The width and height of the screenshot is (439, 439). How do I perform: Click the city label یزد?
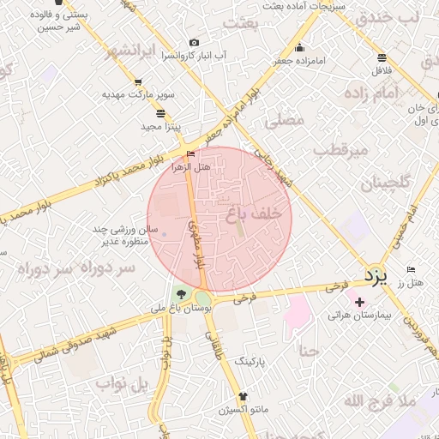375,276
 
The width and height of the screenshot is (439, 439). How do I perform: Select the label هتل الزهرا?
190,167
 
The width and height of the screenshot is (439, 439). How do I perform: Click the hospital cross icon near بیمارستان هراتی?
359,302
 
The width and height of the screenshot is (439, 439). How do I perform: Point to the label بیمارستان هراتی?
359,316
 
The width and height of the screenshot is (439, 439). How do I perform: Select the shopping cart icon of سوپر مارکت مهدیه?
137,82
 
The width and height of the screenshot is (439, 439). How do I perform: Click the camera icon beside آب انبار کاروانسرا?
194,43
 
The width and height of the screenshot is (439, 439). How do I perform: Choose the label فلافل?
381,71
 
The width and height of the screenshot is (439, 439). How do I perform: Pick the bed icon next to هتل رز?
412,270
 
